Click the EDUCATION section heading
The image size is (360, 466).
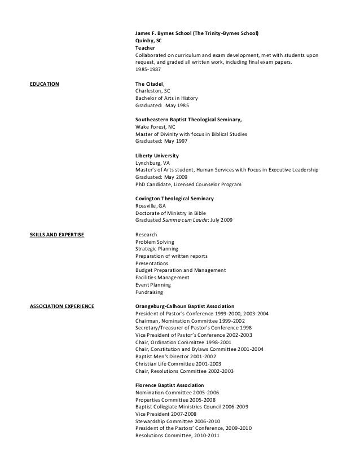[43, 83]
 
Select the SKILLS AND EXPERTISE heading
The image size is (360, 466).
[56, 234]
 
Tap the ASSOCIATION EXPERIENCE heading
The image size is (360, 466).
[62, 307]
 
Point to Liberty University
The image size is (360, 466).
[157, 155]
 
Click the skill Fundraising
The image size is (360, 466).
[148, 292]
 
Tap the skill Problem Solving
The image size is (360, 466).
[155, 241]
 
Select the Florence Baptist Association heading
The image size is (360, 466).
[173, 385]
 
